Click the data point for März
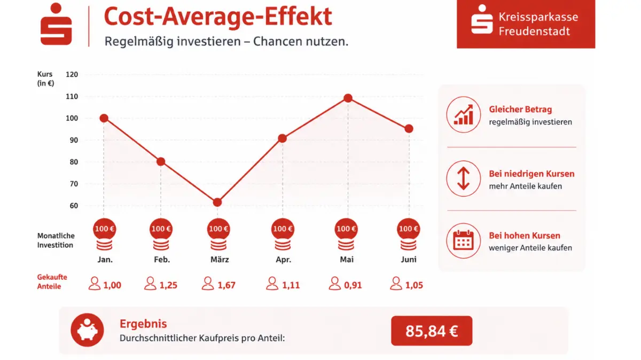tap(217, 202)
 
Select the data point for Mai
tap(348, 98)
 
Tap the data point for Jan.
tap(104, 118)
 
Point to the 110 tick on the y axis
tap(72, 97)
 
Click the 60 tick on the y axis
tap(74, 206)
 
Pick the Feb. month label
tap(162, 260)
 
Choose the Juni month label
tap(408, 260)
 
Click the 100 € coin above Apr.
tap(283, 229)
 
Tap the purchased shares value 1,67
tap(226, 285)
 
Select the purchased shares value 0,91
tap(353, 285)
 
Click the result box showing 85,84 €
tap(432, 331)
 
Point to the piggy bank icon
tap(87, 330)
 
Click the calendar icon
tap(463, 241)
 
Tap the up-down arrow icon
tap(463, 178)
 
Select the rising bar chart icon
tap(463, 114)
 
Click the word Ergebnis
tap(143, 324)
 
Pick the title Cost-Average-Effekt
tap(218, 17)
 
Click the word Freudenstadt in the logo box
tap(534, 31)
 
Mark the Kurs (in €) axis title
tap(46, 79)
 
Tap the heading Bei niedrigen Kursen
tap(531, 174)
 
